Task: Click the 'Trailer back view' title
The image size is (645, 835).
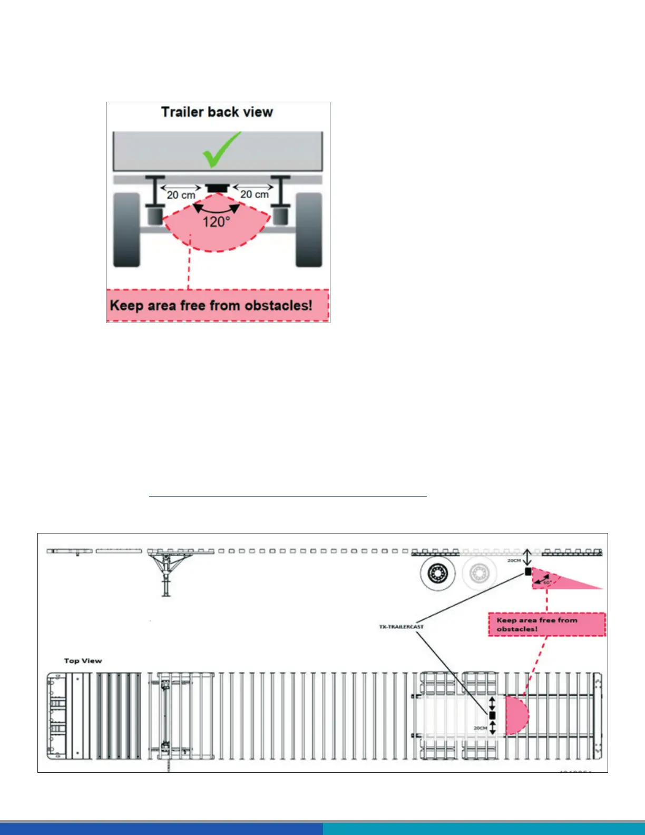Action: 217,112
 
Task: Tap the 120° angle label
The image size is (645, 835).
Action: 216,222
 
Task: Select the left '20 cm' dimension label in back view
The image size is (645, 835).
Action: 181,195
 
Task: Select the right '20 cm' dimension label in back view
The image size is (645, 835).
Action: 255,195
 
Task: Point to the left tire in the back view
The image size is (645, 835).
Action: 126,230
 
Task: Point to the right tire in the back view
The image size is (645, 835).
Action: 309,230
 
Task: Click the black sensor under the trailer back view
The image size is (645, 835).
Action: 217,188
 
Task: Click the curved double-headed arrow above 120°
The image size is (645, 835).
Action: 216,210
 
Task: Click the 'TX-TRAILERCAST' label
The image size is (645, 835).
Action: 401,627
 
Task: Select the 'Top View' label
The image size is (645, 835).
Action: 83,661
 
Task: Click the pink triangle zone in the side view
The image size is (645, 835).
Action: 559,580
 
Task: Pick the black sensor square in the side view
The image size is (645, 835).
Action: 528,571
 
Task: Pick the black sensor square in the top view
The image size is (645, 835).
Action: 492,715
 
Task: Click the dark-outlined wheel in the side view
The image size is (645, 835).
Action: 438,573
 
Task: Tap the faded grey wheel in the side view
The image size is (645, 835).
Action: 480,573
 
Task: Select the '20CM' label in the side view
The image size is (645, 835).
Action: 514,560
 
